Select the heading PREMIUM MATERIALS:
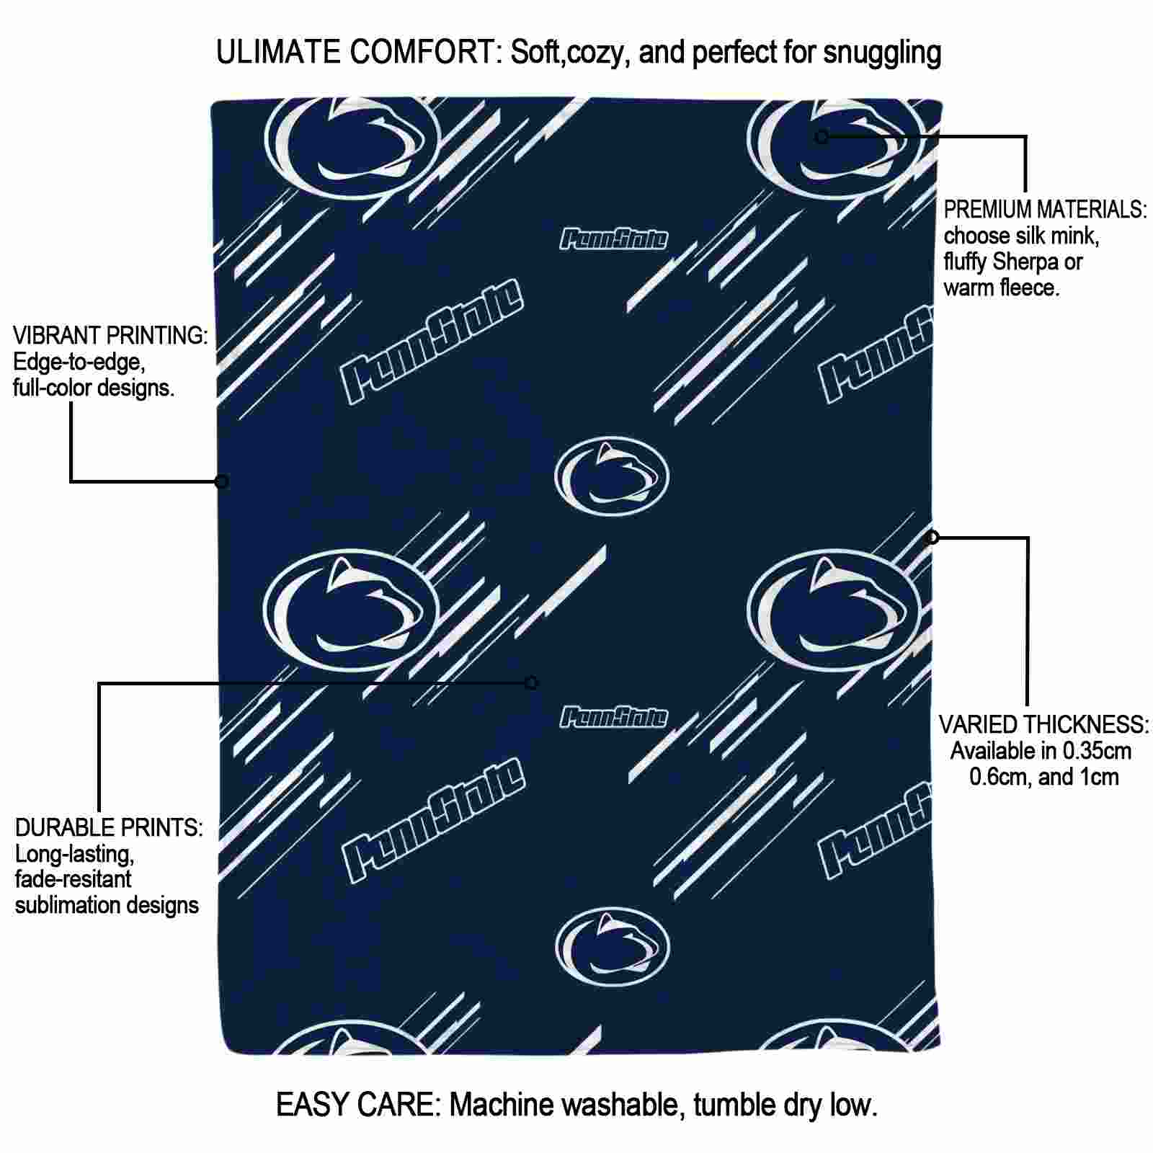[x=1045, y=210]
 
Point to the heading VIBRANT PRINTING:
[x=110, y=335]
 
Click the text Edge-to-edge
[x=80, y=362]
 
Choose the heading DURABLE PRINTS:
[x=109, y=827]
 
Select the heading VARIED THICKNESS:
[x=1044, y=724]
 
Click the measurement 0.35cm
[x=1092, y=751]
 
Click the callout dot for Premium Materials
[x=822, y=136]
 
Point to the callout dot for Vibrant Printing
[x=222, y=481]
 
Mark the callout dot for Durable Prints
[x=531, y=682]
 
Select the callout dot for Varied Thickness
[x=932, y=537]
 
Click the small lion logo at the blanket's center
[x=612, y=476]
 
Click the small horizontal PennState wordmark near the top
[x=614, y=239]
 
